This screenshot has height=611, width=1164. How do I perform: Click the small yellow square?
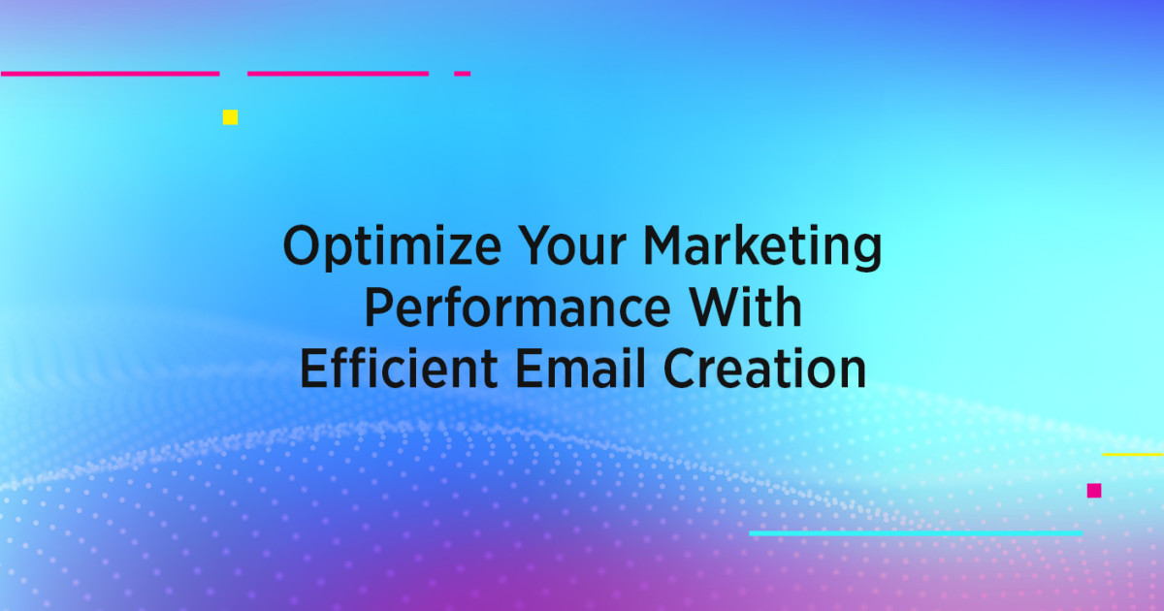point(230,117)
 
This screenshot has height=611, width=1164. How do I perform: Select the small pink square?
point(1094,491)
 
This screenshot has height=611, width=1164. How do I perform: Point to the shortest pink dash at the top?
point(463,73)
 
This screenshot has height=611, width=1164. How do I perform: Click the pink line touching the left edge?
point(110,73)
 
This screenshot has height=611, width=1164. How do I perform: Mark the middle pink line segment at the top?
point(338,73)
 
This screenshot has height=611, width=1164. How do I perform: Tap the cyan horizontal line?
point(916,532)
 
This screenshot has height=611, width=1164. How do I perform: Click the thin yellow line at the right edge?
point(1133,454)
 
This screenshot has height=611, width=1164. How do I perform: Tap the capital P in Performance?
point(377,307)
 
